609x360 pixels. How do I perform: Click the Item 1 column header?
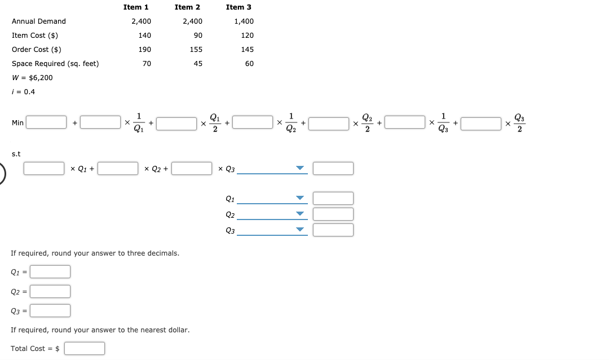[136, 7]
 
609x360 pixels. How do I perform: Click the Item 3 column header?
[239, 7]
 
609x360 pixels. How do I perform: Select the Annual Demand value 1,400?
[244, 21]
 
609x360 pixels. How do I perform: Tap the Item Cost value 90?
[197, 36]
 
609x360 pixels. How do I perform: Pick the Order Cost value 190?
[144, 50]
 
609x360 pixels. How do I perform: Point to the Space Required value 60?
[249, 64]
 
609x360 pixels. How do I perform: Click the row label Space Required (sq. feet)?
[55, 64]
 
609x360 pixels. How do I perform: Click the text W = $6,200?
[32, 78]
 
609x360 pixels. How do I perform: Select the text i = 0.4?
[23, 92]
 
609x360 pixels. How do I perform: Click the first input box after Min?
[47, 122]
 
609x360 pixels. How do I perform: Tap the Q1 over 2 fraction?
[215, 122]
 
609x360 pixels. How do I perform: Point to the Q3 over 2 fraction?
[519, 122]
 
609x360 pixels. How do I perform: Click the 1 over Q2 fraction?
[291, 122]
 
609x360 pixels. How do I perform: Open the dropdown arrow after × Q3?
[300, 168]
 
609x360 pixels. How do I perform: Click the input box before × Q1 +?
[44, 168]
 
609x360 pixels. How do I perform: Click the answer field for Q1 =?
[50, 272]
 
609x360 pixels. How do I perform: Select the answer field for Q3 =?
[50, 311]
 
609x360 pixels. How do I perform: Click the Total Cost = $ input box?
[85, 349]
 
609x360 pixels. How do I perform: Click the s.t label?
[16, 153]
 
